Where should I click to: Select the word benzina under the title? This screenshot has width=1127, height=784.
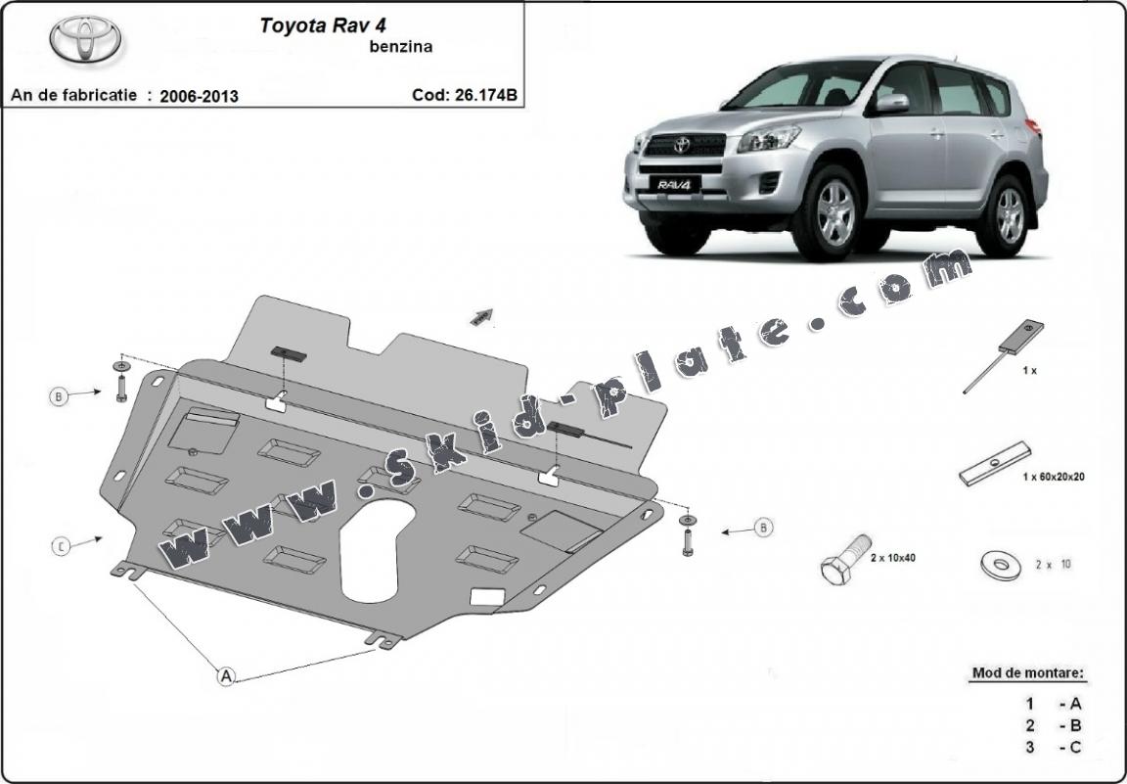pos(397,45)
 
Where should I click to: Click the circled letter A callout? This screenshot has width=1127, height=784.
pos(226,675)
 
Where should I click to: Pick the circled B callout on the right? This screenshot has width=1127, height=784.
pos(763,529)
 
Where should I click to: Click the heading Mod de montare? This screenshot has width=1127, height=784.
pos(1027,673)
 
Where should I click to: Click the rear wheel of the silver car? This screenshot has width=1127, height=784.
pos(1007,212)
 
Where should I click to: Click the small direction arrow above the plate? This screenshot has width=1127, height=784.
pos(480,315)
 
